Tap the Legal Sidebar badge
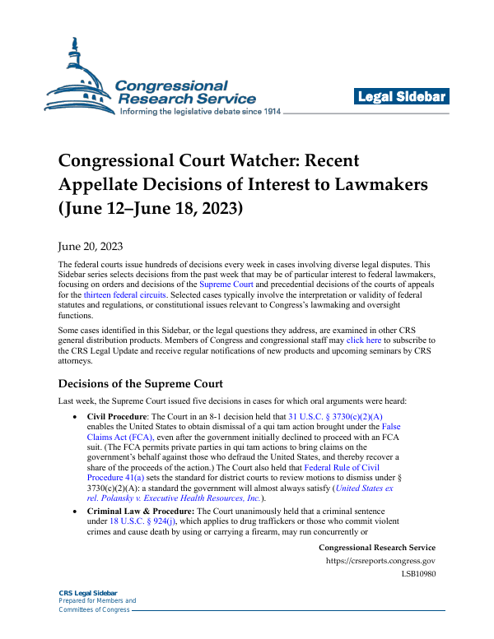401,97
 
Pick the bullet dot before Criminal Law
77,511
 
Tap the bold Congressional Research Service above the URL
376,548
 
